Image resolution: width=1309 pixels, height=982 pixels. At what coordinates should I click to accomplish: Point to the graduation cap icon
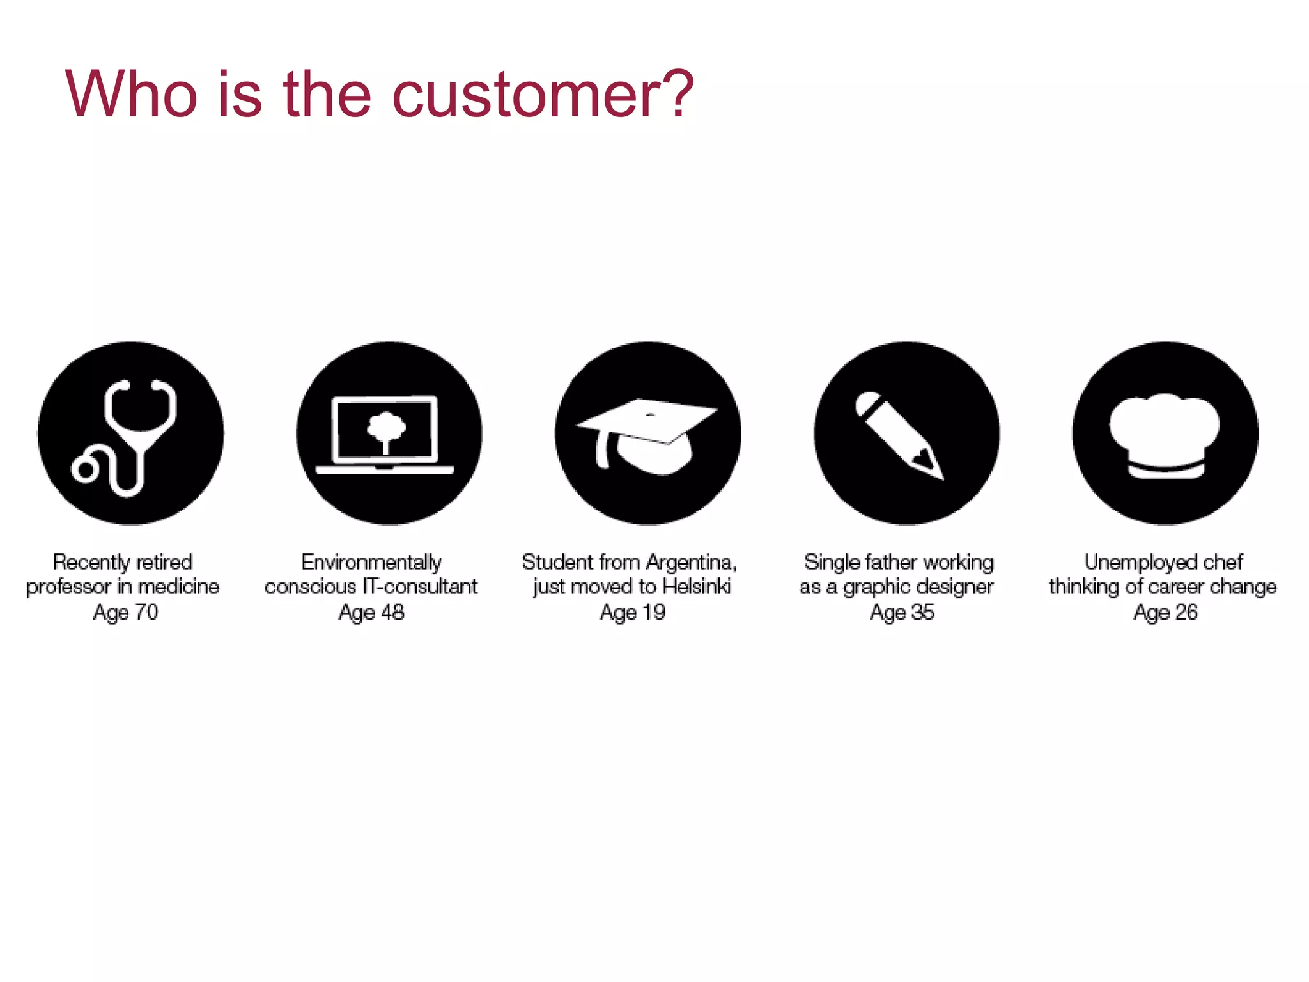647,434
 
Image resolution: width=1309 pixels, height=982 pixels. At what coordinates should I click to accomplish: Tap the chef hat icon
1165,434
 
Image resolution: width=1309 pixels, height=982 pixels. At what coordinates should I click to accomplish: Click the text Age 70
125,612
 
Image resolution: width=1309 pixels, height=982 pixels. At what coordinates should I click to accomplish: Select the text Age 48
371,612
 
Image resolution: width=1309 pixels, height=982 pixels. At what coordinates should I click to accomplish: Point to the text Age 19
632,612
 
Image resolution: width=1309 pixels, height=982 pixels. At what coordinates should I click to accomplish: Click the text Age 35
902,612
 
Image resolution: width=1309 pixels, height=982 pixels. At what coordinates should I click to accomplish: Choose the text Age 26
1165,612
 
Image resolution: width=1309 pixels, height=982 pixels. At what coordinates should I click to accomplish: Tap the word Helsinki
696,587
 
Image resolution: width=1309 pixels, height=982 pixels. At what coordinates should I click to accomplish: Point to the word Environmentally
371,563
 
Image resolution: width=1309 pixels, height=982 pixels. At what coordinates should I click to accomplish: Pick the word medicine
178,587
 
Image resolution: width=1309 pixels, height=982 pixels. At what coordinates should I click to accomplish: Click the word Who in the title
132,95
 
